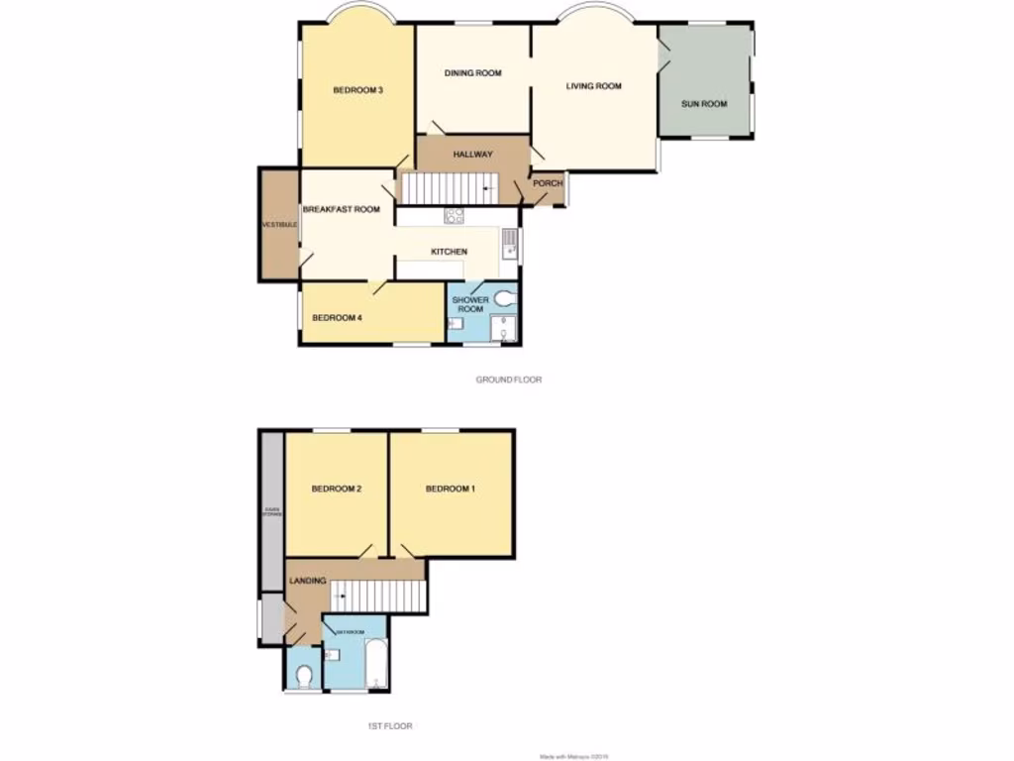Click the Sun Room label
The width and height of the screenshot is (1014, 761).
click(704, 103)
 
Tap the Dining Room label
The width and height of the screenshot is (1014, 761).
click(472, 73)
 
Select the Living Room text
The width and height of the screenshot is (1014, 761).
click(593, 86)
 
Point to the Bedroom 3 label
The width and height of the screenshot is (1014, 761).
click(357, 90)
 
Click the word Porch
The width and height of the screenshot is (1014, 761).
click(548, 183)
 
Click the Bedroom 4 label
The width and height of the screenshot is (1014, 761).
click(334, 318)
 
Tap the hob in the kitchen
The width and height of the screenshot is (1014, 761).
click(456, 215)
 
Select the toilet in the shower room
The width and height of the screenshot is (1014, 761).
click(507, 295)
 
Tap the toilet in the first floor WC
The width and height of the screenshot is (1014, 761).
click(305, 676)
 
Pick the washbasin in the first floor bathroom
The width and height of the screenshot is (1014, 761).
click(332, 654)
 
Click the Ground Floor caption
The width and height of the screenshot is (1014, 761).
click(509, 380)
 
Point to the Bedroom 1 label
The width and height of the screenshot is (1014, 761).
click(451, 489)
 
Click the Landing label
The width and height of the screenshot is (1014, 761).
click(307, 580)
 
